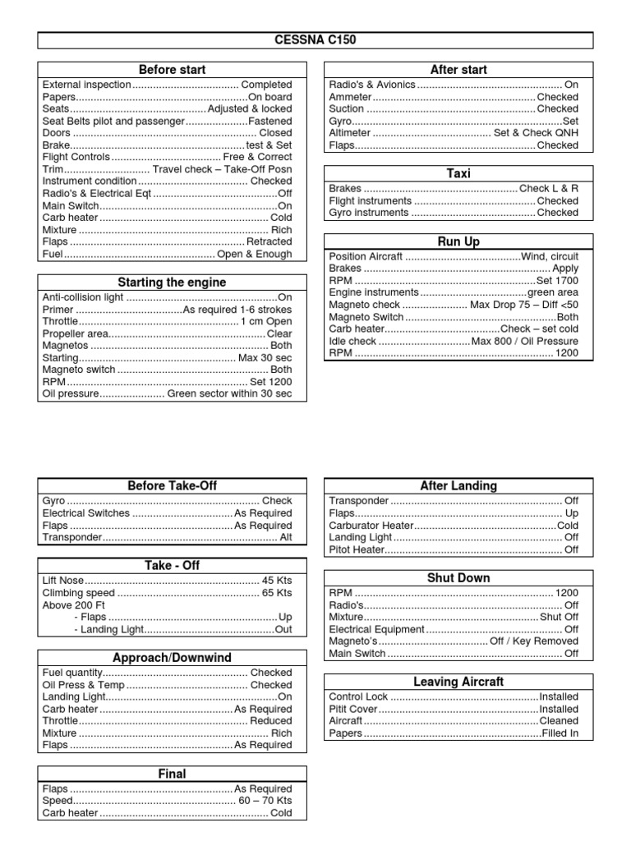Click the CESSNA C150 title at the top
[315, 40]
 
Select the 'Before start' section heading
[173, 70]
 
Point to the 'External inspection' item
[86, 85]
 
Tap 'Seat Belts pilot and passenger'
[113, 121]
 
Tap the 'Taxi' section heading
[458, 173]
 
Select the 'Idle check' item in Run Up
[352, 341]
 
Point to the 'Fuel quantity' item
[71, 673]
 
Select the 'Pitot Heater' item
[357, 549]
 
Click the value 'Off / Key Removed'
[534, 641]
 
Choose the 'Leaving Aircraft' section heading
[458, 682]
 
